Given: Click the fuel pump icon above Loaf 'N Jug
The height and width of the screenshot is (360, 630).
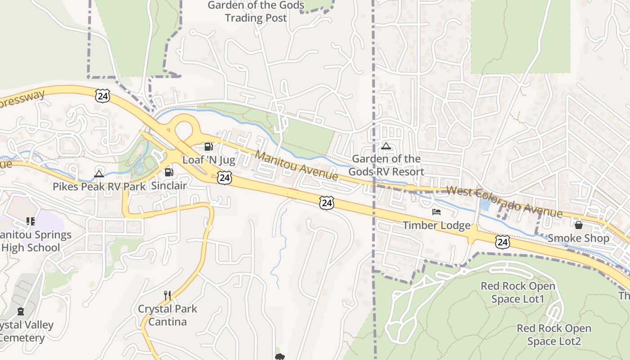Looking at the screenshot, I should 208,146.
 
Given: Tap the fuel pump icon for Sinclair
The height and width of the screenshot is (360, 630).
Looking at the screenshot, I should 169,172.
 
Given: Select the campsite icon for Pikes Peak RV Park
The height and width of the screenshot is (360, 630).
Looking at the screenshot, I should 99,174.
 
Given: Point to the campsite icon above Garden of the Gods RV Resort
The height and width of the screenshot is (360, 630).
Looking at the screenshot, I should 386,146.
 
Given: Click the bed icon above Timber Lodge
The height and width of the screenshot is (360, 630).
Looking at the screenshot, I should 436,211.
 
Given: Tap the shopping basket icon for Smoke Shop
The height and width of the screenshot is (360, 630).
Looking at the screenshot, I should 579,225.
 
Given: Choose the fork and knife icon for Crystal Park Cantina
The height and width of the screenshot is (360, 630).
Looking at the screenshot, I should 167,296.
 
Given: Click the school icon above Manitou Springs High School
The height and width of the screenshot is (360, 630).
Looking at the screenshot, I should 31,221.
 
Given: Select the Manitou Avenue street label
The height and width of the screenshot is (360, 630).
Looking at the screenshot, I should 297,166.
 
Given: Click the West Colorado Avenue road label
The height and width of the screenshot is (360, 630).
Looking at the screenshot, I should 504,202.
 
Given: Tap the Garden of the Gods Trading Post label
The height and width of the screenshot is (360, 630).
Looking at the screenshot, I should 256,12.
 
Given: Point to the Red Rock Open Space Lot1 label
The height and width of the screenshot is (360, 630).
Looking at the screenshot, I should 518,292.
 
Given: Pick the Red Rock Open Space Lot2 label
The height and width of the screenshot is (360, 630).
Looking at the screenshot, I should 554,335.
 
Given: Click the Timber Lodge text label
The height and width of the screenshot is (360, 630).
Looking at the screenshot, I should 436,225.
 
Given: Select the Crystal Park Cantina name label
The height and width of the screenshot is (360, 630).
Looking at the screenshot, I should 167,315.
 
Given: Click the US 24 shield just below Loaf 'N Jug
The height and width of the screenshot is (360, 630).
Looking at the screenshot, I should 224,178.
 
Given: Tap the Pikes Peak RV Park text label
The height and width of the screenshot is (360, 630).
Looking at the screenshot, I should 99,186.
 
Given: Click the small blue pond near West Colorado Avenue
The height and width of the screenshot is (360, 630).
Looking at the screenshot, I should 486,205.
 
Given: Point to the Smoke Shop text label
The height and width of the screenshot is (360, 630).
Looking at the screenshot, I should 578,238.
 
